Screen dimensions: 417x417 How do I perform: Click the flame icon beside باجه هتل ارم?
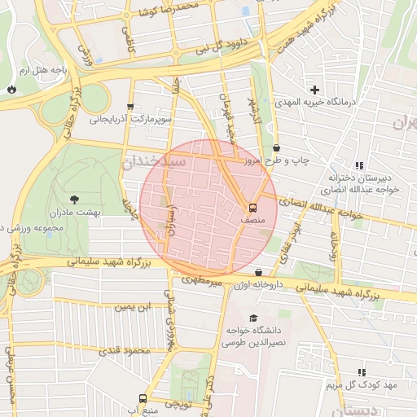[x=11, y=88]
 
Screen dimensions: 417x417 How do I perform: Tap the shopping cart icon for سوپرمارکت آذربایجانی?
[x=129, y=106]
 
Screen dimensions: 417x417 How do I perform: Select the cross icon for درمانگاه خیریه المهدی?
[x=314, y=89]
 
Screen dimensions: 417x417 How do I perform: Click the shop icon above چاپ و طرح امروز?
[x=278, y=148]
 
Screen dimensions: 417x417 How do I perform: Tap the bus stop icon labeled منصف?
[x=252, y=207]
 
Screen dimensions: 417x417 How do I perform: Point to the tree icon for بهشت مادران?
[x=75, y=199]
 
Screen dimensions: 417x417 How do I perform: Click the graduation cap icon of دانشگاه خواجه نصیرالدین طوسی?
[x=252, y=318]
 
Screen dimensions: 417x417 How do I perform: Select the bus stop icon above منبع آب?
[x=143, y=398]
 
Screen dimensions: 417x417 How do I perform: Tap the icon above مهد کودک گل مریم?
[x=361, y=371]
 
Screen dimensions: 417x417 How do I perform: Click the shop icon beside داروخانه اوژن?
[x=258, y=273]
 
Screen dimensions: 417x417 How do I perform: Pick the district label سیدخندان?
[x=155, y=163]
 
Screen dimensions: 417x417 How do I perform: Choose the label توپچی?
[x=178, y=404]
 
